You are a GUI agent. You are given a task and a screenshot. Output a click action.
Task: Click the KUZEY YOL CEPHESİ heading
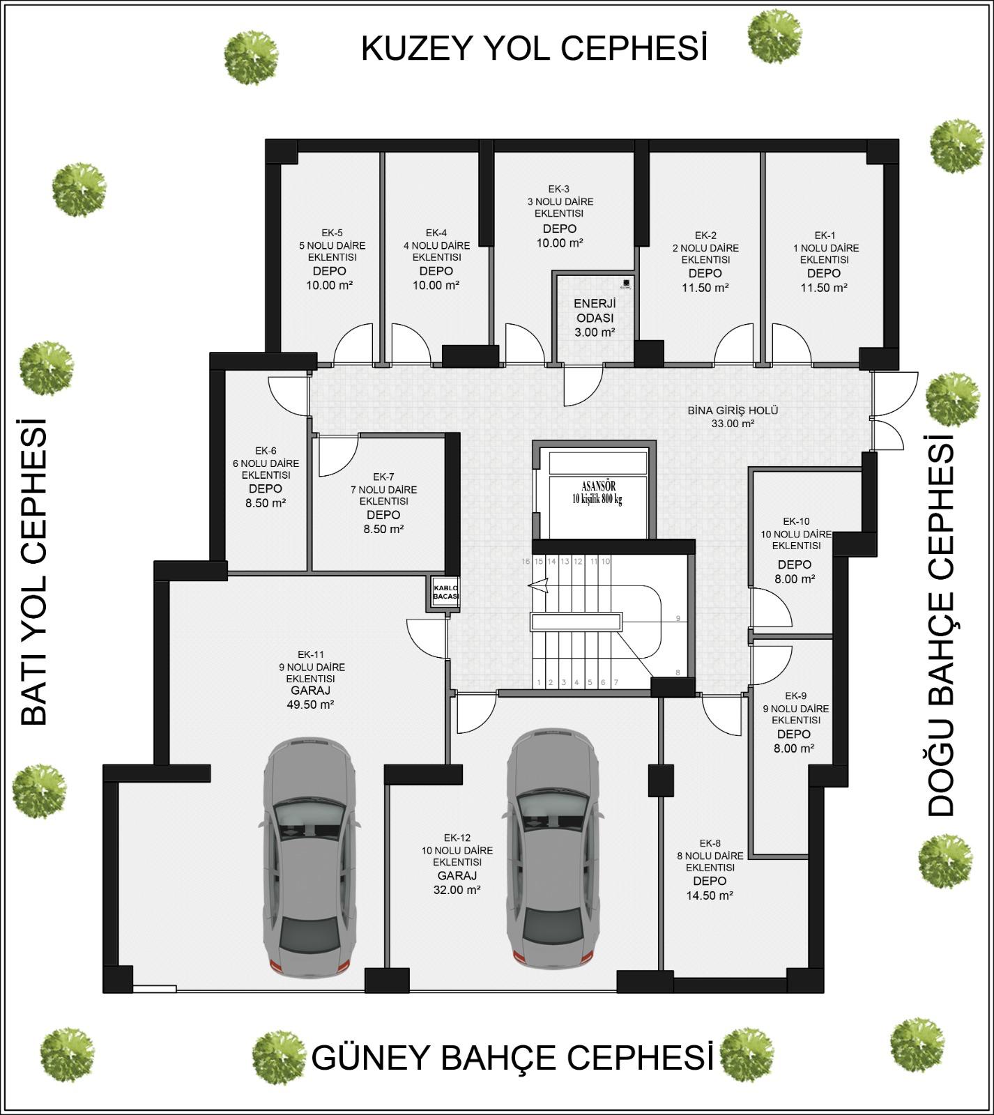click(x=534, y=49)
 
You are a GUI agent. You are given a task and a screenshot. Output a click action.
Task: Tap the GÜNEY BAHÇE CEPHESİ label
click(x=512, y=1057)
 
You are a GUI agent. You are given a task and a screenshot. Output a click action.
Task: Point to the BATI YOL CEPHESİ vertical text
click(x=33, y=571)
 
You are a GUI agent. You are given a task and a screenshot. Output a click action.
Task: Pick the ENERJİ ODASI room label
click(x=594, y=318)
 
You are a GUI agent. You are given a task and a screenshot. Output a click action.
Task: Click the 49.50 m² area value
click(x=310, y=705)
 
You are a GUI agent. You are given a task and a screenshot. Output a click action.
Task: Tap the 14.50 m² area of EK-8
click(x=710, y=895)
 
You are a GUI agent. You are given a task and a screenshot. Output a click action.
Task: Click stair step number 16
click(x=526, y=561)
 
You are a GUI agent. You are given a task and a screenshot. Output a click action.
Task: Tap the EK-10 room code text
click(x=796, y=521)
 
